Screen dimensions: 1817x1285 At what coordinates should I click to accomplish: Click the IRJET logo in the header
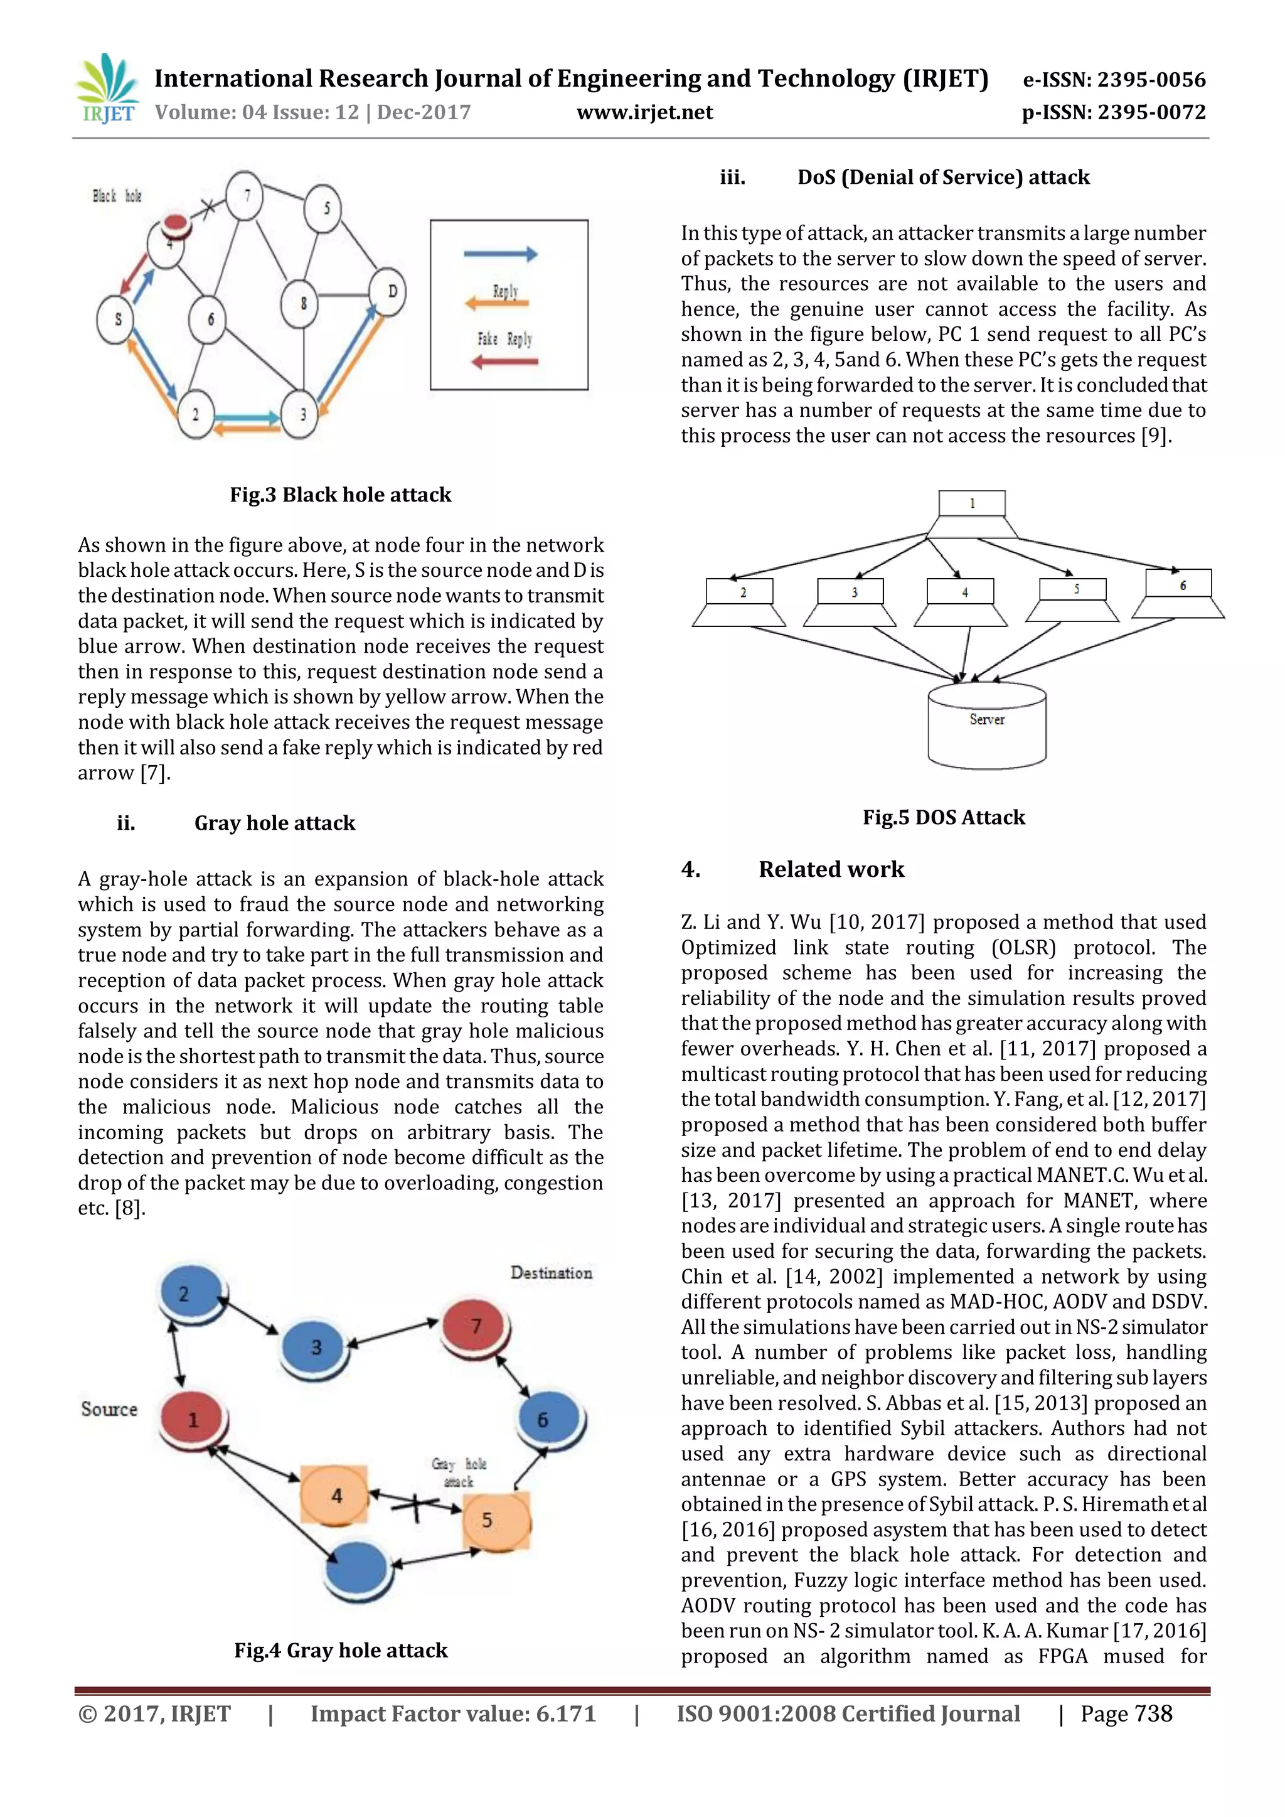tap(107, 88)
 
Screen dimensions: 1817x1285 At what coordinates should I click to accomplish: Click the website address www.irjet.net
tap(644, 112)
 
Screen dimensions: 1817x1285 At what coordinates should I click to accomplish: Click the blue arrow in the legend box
tap(500, 254)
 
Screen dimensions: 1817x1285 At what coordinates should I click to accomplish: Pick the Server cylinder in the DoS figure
tap(987, 725)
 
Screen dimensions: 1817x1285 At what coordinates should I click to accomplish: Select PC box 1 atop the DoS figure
tap(972, 504)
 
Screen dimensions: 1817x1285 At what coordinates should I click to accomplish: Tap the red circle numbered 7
tap(476, 1326)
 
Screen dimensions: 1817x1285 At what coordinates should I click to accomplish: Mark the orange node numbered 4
tap(334, 1495)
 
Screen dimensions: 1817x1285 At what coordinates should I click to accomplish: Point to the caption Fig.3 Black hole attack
tap(340, 495)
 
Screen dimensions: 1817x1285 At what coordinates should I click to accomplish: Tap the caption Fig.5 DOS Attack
tap(943, 817)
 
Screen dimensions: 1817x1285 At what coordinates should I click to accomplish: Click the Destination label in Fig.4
tap(551, 1273)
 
